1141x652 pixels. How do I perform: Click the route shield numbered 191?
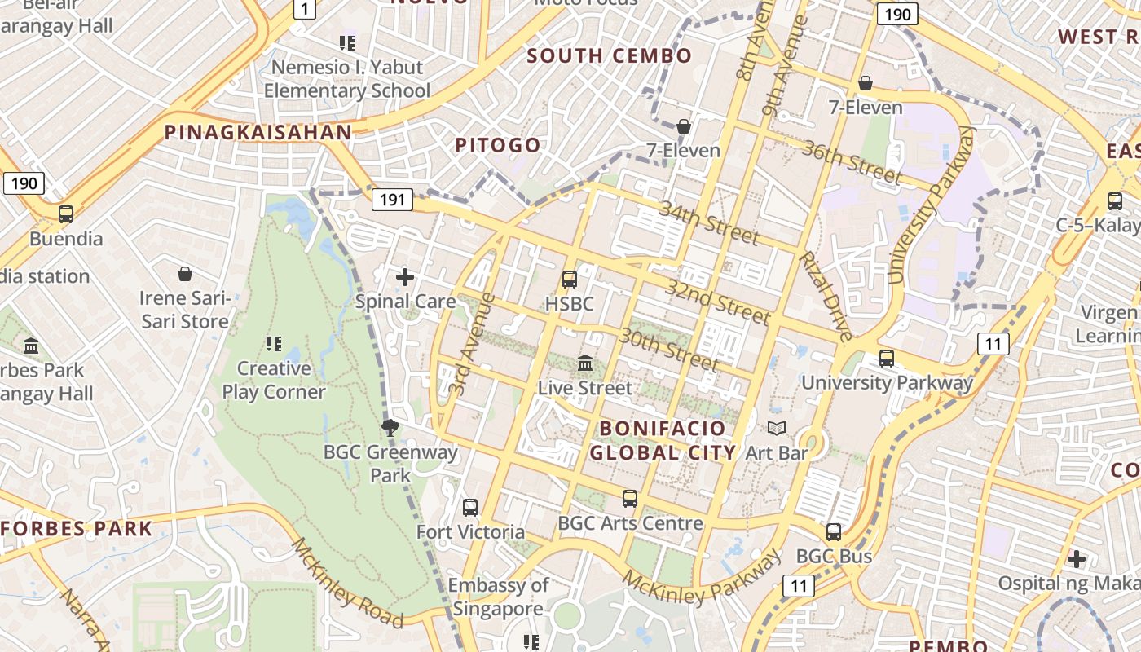(392, 199)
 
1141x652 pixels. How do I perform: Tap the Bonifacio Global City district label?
(662, 440)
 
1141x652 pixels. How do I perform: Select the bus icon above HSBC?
(570, 280)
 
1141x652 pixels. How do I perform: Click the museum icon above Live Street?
(585, 363)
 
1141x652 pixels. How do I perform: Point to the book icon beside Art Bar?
(777, 429)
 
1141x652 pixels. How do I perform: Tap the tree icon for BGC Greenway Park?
(390, 426)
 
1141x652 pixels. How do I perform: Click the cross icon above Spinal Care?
(405, 277)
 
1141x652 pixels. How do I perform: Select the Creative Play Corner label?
(274, 380)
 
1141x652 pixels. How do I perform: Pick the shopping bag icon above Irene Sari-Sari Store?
(185, 274)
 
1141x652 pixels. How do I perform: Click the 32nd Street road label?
(717, 301)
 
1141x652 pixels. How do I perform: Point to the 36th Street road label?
(852, 161)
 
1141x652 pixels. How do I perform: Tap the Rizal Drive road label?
(826, 296)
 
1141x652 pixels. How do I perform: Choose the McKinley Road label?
(347, 584)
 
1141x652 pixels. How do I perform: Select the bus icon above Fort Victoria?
(470, 508)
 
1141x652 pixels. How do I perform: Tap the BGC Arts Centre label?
(630, 523)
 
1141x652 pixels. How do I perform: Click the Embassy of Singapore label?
(498, 597)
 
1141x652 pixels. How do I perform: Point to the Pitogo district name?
(498, 145)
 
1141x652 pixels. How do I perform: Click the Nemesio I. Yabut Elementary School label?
(346, 79)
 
